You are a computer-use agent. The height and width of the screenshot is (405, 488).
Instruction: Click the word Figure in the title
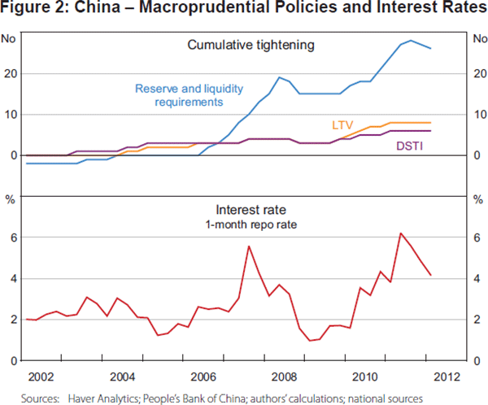pos(27,11)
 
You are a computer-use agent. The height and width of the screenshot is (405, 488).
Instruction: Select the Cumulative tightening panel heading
pos(251,45)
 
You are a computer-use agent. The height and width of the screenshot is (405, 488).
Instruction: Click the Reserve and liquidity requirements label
pos(179,95)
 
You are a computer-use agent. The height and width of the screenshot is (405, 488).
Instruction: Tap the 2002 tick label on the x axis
pos(41,377)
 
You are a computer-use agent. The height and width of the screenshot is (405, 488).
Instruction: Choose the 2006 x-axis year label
pos(203,377)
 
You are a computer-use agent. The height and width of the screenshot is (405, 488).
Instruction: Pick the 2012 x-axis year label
pos(447,377)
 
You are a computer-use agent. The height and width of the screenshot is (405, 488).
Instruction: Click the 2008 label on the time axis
pos(285,377)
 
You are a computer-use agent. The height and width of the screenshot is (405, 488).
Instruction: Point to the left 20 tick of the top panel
pos(10,73)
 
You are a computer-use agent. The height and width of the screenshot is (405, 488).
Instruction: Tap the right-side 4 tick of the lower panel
pos(477,278)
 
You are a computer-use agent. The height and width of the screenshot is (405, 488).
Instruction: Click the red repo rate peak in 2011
pos(400,233)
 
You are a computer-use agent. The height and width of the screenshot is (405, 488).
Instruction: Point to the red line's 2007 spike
pos(248,246)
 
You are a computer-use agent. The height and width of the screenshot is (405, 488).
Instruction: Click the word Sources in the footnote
pos(40,398)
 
